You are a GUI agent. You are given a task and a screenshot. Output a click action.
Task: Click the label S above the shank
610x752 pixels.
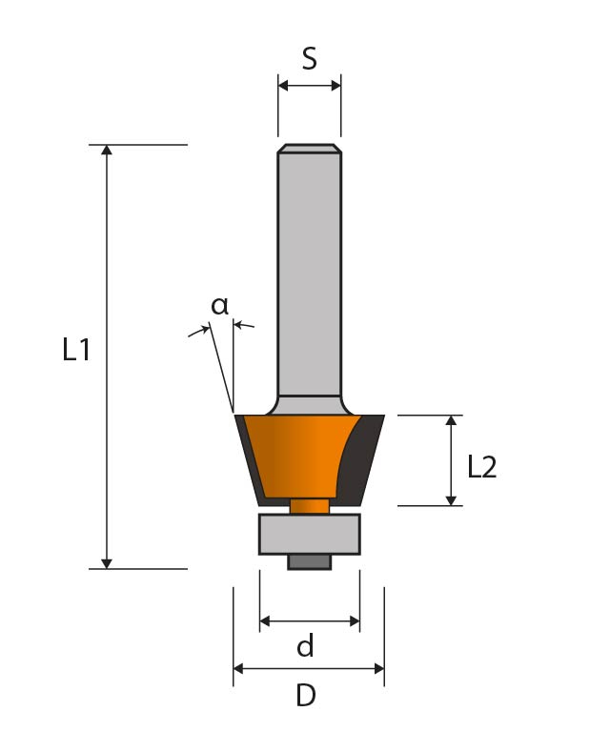click(309, 59)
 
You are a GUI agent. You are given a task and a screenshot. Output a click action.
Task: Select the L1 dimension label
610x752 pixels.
click(76, 351)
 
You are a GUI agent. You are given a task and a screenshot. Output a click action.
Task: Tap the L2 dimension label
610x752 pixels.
click(482, 467)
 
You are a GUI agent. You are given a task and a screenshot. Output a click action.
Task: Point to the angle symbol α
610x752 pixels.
click(220, 306)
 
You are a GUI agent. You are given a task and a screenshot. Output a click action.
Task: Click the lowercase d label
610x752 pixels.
click(305, 648)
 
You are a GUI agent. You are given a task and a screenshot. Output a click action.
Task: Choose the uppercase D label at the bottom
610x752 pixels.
click(305, 697)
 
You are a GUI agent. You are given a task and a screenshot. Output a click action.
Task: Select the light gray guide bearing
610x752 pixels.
click(309, 534)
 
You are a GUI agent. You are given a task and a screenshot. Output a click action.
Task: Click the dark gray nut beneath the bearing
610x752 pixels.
click(309, 561)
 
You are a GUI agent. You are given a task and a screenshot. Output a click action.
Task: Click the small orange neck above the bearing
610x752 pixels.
click(309, 506)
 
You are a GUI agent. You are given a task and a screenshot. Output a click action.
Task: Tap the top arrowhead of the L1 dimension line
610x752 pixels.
click(107, 151)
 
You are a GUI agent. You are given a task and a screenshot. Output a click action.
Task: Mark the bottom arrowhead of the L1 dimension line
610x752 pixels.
click(107, 562)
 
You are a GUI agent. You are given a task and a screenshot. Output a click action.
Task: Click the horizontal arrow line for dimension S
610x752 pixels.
click(309, 86)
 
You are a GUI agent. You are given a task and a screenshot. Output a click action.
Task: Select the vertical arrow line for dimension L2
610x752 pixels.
click(452, 460)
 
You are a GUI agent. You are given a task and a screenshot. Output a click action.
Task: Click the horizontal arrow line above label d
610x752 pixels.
click(309, 621)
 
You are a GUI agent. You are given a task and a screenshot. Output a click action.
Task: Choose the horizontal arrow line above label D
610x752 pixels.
click(309, 669)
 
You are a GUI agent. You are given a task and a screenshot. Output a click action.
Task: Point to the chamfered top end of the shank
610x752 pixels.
click(309, 148)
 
